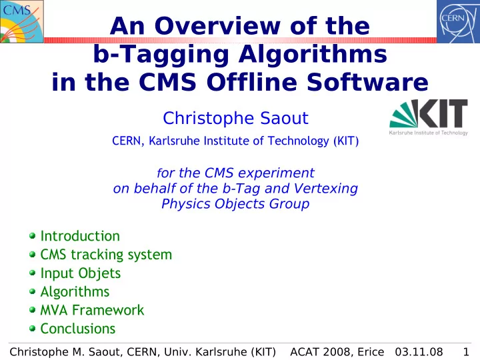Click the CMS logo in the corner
click(x=22, y=21)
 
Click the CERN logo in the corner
click(x=458, y=21)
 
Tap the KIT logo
click(x=429, y=117)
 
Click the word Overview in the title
click(x=217, y=26)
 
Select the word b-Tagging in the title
click(x=161, y=54)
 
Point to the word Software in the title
click(x=367, y=82)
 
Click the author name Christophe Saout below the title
click(x=235, y=118)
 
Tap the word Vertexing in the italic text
click(x=325, y=189)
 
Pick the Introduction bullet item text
click(x=80, y=236)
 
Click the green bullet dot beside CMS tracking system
click(x=33, y=254)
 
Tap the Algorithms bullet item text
click(x=75, y=292)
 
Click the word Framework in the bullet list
click(x=108, y=310)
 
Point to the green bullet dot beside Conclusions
click(x=33, y=329)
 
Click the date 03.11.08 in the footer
click(x=419, y=352)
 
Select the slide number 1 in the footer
click(x=466, y=352)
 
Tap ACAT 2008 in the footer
click(x=321, y=352)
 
